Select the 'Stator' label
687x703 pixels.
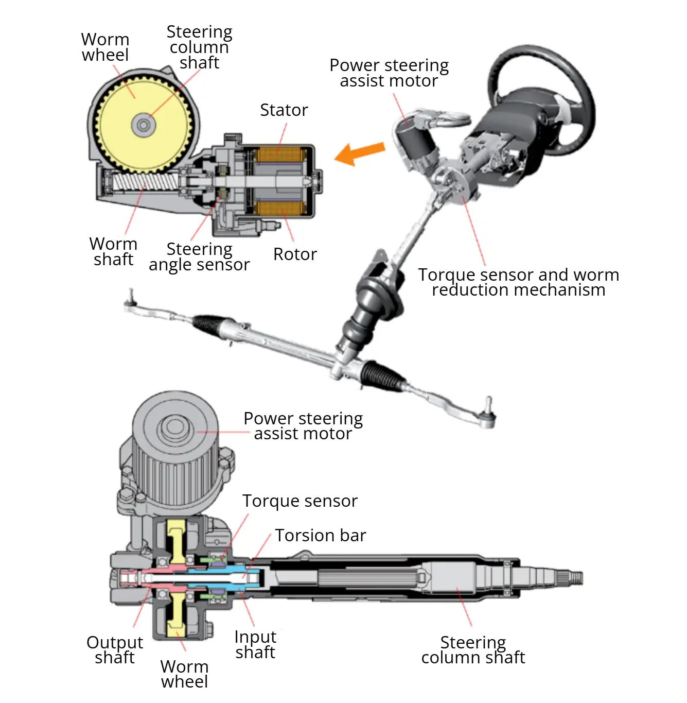pos(284,110)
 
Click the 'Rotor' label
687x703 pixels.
pos(295,254)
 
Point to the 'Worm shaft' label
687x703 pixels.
pos(113,251)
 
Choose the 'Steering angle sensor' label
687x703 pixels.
pos(199,256)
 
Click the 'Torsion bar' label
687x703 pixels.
pos(320,536)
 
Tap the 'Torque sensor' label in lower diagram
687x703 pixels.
pos(300,501)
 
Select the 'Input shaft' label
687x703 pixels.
pos(255,645)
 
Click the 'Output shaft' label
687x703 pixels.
pos(115,650)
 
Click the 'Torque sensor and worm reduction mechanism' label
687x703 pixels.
pos(518,282)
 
